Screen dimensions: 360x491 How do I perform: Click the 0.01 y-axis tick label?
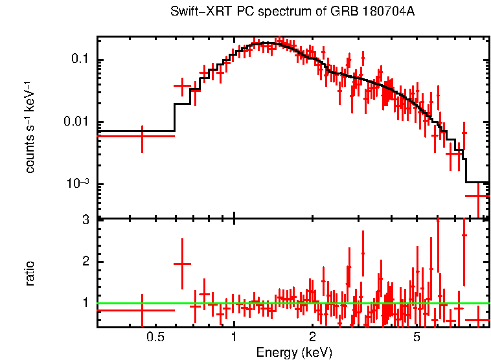(x=75, y=122)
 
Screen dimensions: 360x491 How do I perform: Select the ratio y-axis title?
(x=30, y=273)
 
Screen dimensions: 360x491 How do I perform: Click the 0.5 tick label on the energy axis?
(x=154, y=337)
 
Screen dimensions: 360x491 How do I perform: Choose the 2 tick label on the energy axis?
(x=312, y=337)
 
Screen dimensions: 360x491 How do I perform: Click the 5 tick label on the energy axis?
(x=417, y=337)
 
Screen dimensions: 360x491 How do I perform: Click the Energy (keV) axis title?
(x=294, y=352)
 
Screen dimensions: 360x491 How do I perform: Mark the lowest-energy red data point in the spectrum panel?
(x=142, y=136)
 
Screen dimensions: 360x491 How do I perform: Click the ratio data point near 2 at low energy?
(x=182, y=264)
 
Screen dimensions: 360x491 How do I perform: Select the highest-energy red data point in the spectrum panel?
(x=478, y=195)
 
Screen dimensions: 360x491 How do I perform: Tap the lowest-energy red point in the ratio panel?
(x=142, y=310)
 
